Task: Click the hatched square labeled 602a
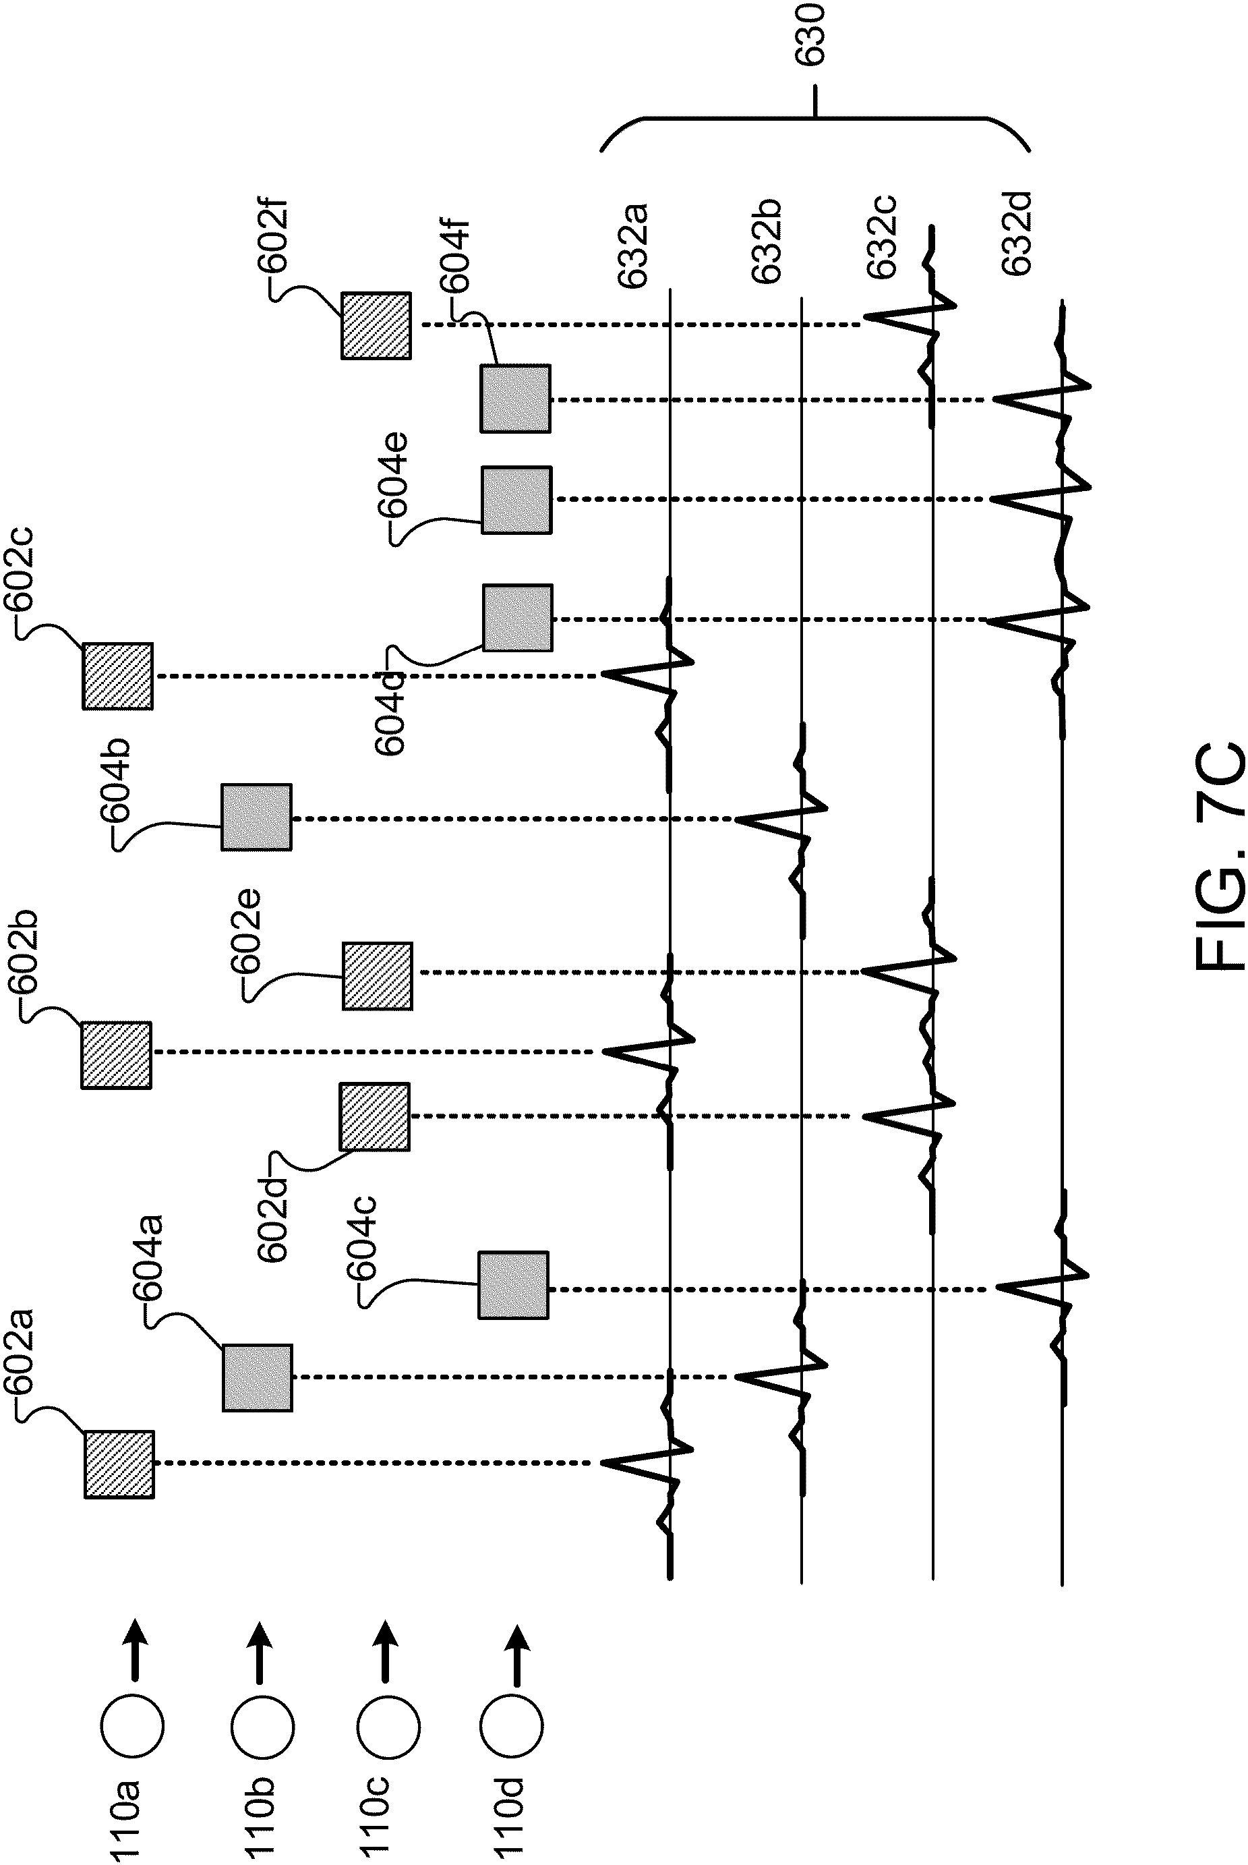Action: coord(119,1464)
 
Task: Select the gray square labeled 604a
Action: coord(257,1377)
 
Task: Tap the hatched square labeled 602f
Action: coord(376,326)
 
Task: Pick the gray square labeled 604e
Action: coord(516,500)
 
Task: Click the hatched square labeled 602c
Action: coord(118,676)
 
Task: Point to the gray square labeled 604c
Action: coord(513,1286)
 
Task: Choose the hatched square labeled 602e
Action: coord(378,976)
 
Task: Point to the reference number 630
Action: coord(811,34)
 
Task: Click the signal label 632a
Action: coord(634,245)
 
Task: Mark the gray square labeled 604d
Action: coord(517,618)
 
